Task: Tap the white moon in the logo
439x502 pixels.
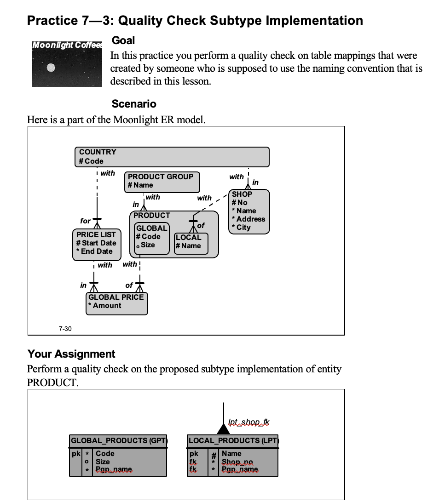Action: (51, 68)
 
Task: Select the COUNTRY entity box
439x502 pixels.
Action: (172, 157)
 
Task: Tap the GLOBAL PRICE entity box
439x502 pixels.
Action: (116, 302)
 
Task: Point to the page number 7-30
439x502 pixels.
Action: (65, 328)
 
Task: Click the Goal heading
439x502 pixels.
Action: (123, 40)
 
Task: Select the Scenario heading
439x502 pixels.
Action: (134, 104)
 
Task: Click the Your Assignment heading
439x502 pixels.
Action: (71, 354)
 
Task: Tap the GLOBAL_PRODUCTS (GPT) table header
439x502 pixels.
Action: (118, 440)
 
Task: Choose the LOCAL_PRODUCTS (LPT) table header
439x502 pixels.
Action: (233, 440)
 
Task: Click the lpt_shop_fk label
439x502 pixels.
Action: (248, 422)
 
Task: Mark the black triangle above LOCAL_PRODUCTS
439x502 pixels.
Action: (223, 429)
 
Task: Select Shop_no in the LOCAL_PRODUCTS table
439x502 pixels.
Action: (237, 462)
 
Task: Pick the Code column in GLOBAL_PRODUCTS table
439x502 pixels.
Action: (105, 453)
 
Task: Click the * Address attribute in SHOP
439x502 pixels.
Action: (248, 219)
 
